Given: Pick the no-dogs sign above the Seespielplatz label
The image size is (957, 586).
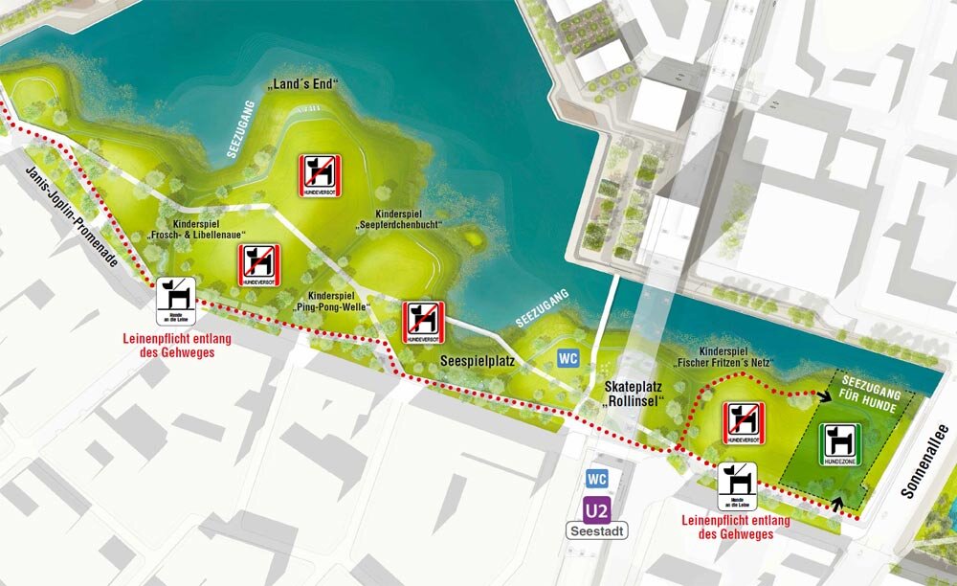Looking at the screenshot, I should click(421, 323).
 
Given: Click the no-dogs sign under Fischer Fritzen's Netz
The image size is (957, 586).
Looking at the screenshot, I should click(743, 422).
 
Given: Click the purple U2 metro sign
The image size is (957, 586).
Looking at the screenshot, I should click(595, 509).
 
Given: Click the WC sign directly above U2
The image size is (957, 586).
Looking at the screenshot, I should click(595, 479).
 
